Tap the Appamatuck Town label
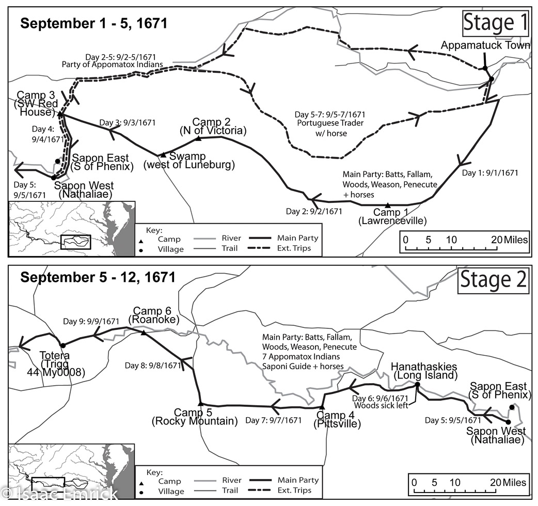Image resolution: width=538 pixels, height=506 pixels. tap(485, 45)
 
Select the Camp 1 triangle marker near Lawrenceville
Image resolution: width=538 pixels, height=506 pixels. tap(388, 206)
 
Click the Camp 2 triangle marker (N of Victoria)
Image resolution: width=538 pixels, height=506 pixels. tap(198, 138)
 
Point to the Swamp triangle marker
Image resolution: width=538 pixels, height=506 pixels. tap(162, 154)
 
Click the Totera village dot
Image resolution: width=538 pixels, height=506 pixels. tap(62, 345)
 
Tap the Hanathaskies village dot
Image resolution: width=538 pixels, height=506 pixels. tap(417, 385)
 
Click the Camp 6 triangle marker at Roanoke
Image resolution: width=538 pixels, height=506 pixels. tap(143, 333)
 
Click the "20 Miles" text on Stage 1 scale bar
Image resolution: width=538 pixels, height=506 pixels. tap(510, 240)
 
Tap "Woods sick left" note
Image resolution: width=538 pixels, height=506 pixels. tap(380, 405)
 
